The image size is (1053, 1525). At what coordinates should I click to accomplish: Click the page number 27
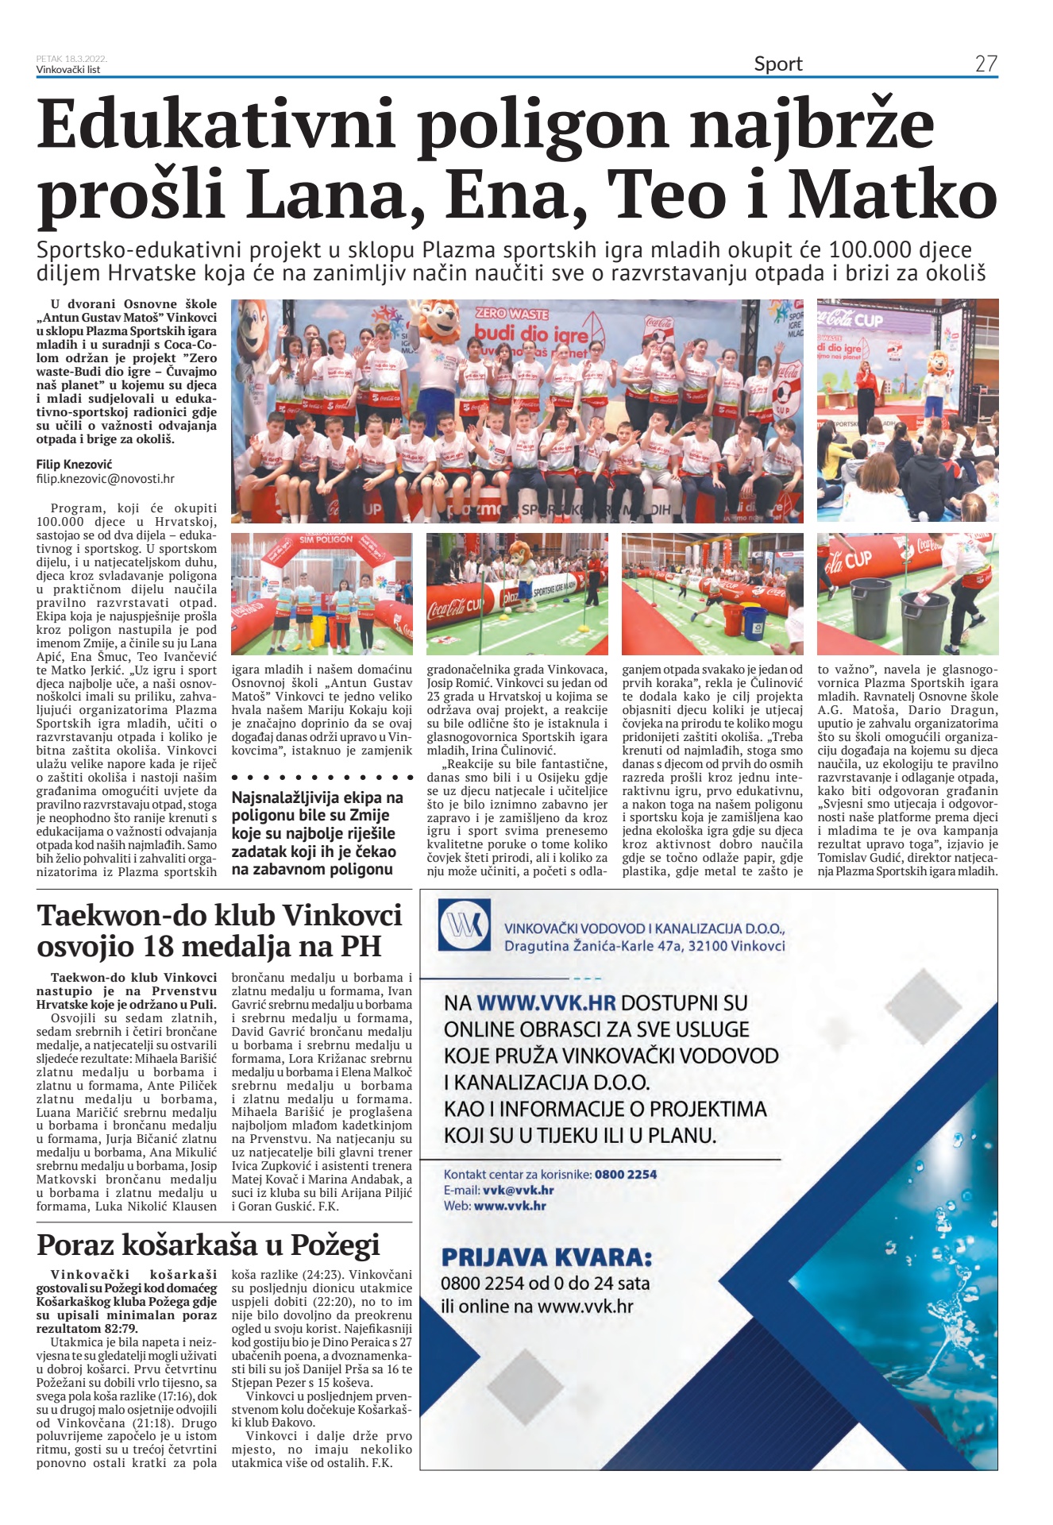coord(985,64)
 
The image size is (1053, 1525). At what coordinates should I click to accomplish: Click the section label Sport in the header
coord(777,64)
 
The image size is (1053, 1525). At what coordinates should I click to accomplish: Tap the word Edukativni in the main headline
coord(215,125)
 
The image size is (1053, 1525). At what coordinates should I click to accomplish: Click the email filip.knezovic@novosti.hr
coord(105,479)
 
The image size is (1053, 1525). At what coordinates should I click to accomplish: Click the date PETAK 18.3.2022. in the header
coord(71,59)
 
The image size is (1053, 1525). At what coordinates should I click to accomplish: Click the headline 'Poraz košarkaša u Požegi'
coord(208,1244)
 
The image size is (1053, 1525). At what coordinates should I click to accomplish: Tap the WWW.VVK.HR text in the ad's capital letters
coord(546,1003)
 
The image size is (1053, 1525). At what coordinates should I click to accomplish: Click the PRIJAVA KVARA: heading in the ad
coord(546,1258)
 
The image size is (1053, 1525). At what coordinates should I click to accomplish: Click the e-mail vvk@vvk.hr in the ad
coord(518,1190)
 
